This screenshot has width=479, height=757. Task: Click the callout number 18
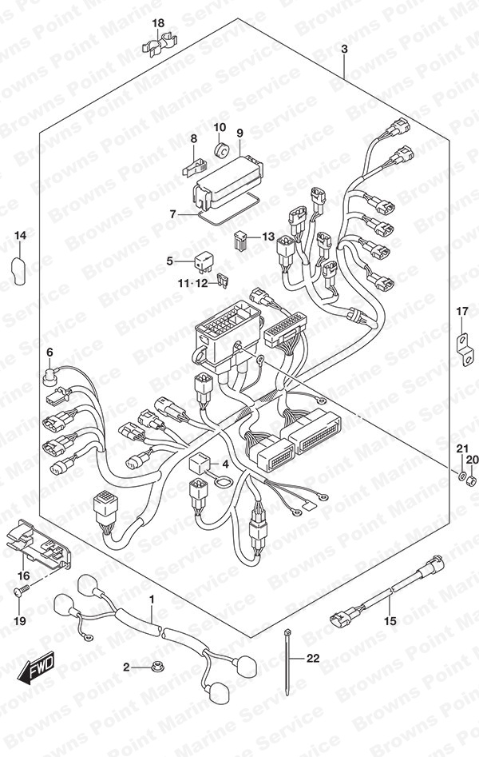[158, 23]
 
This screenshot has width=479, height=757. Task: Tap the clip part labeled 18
[160, 42]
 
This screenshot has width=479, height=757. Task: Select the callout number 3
[344, 49]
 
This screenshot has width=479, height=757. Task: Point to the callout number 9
[239, 133]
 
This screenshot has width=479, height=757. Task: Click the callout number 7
[173, 213]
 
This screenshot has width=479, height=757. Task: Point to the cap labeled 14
[18, 271]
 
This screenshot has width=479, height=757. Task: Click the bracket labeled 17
[465, 350]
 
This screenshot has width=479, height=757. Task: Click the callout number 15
[390, 620]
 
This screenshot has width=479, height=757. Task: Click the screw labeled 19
[22, 589]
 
